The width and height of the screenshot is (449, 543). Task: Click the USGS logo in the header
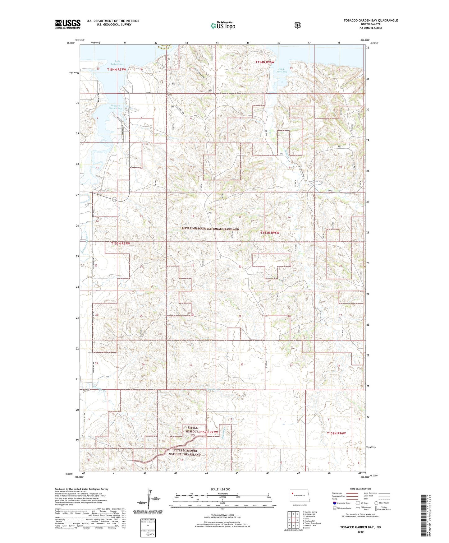pyautogui.click(x=68, y=24)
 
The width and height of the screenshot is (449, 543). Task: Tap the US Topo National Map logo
pyautogui.click(x=222, y=25)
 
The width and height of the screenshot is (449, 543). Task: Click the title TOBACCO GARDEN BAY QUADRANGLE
pyautogui.click(x=370, y=21)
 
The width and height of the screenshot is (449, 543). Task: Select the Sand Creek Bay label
pyautogui.click(x=281, y=70)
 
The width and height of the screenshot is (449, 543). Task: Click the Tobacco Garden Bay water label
pyautogui.click(x=115, y=107)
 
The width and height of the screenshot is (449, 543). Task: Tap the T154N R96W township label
pyautogui.click(x=265, y=62)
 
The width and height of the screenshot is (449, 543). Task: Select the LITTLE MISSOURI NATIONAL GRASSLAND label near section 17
pyautogui.click(x=210, y=229)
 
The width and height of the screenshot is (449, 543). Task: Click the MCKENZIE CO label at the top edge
pyautogui.click(x=164, y=47)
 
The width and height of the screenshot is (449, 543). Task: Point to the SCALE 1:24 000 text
pyautogui.click(x=220, y=489)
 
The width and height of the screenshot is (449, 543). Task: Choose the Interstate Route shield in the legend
pyautogui.click(x=334, y=503)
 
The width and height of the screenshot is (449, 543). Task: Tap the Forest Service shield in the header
pyautogui.click(x=297, y=25)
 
